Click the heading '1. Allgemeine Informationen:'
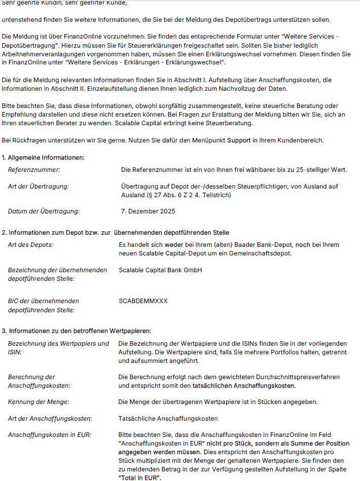tap(43, 158)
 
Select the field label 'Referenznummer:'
tap(34, 170)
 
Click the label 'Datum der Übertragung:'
tap(44, 211)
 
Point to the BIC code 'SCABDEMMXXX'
tap(143, 301)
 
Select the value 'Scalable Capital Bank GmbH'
tap(160, 270)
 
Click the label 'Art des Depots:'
tap(31, 245)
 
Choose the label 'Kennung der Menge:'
tap(39, 402)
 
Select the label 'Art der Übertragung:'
tap(39, 187)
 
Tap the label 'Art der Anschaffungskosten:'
tap(50, 419)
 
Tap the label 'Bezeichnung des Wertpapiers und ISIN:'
tap(58, 348)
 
